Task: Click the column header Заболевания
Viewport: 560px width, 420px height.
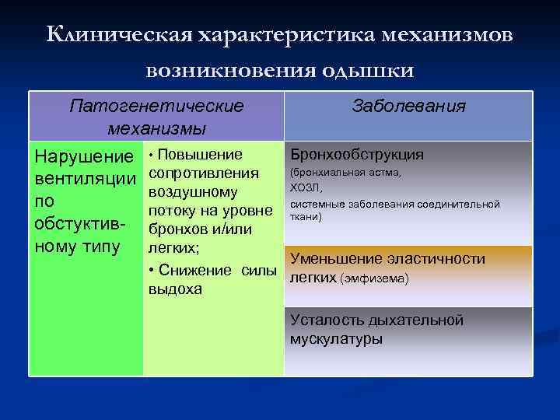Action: [409, 107]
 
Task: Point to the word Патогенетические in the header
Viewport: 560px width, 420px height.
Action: [156, 105]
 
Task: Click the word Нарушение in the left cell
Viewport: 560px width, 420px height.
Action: [84, 157]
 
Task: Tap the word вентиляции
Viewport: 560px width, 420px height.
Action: [84, 179]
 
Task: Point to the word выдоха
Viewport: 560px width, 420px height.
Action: [175, 289]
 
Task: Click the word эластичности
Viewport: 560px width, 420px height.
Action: [441, 259]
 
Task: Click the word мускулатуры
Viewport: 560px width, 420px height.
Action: [335, 339]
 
